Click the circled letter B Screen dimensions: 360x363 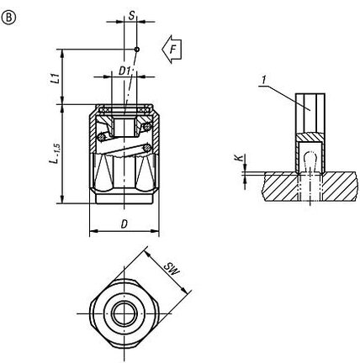(9, 18)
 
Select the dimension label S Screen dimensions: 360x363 (131, 15)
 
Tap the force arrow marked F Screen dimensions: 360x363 (172, 50)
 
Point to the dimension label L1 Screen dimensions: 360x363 (57, 78)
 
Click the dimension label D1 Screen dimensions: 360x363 (124, 71)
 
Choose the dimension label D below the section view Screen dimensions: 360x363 (124, 224)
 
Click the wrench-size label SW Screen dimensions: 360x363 (172, 268)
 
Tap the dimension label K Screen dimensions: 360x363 (239, 158)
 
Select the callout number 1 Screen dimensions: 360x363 (263, 81)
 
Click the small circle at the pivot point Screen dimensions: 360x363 (137, 50)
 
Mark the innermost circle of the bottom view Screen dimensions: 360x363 (124, 313)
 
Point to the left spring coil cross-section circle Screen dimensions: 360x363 (102, 137)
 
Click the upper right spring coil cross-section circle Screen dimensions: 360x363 (147, 127)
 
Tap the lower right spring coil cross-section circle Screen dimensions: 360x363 (146, 148)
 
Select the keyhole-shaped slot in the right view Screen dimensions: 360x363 (310, 161)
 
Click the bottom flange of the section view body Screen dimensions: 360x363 (124, 198)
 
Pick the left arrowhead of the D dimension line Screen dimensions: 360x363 (93, 231)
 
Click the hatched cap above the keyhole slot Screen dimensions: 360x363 (310, 136)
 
